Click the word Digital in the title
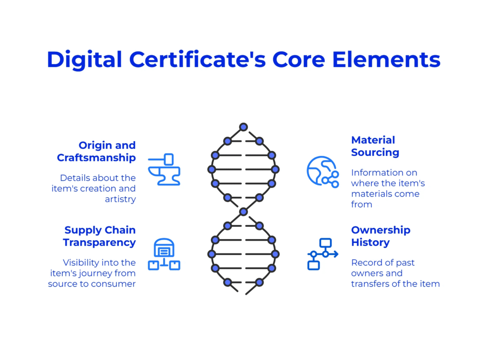85,60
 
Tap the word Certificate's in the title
197,59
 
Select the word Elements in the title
386,59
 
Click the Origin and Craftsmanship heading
96,151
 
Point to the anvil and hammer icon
164,170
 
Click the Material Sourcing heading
375,146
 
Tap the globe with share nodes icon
323,172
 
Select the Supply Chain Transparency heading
99,236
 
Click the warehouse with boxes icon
164,254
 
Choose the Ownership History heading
380,236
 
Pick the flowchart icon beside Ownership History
323,254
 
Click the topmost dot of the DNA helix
243,126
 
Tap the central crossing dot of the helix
243,212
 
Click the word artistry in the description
120,199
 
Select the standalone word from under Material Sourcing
361,204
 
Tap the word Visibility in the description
81,263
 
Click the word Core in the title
299,59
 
